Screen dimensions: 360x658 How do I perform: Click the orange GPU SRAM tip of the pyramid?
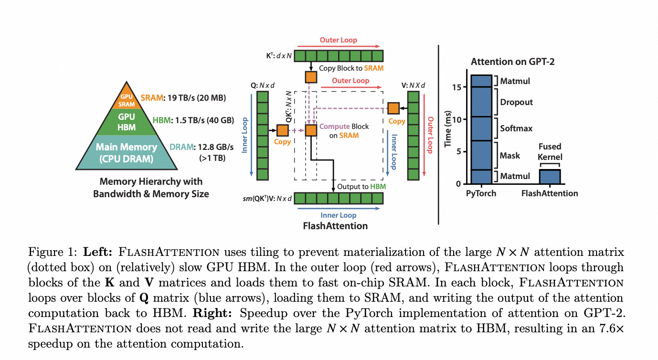coord(127,99)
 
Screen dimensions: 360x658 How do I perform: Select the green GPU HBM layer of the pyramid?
coord(127,122)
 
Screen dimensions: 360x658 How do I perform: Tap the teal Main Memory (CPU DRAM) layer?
coord(127,153)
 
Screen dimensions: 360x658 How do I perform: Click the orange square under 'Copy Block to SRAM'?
coord(311,76)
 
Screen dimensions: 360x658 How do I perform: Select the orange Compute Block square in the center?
coord(311,130)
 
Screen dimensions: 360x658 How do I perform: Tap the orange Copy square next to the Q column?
coord(283,130)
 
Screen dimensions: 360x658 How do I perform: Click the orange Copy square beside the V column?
coord(393,108)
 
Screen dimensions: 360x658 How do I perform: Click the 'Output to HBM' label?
coord(361,186)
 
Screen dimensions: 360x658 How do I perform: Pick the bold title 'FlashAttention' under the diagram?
coord(336,226)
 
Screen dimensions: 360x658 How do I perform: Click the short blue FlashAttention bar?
coord(550,176)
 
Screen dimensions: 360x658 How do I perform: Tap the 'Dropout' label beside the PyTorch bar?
coord(516,102)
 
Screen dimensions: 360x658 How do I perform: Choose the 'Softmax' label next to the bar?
coord(516,128)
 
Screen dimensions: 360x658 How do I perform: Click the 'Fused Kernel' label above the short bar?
coord(550,152)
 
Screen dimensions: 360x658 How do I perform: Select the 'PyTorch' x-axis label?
coord(481,193)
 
